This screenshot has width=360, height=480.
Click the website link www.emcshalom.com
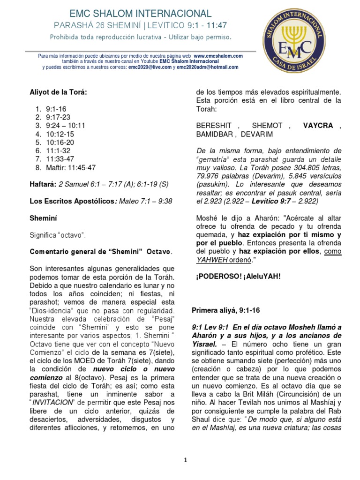pyautogui.click(x=218, y=56)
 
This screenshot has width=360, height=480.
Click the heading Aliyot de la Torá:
pyautogui.click(x=58, y=92)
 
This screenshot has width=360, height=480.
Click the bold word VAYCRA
pyautogui.click(x=318, y=126)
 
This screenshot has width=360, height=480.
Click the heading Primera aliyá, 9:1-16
pyautogui.click(x=227, y=311)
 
